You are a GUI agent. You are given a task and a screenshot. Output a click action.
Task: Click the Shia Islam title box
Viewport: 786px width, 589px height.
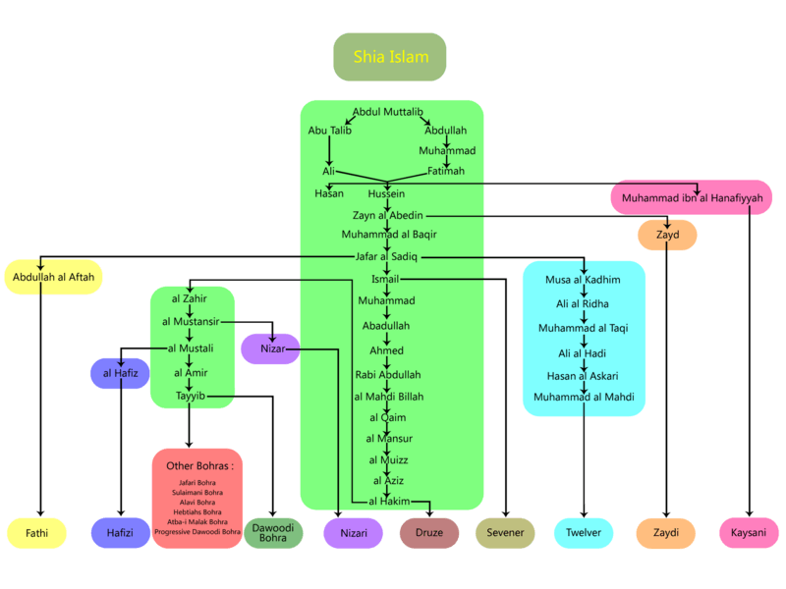coord(390,57)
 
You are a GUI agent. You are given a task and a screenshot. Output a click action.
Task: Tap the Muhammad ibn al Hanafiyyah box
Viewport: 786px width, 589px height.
coord(692,197)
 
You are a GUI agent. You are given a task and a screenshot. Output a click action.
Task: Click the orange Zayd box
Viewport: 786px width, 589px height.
coord(667,236)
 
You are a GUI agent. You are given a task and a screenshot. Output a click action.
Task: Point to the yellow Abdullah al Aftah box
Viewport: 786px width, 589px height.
coord(54,278)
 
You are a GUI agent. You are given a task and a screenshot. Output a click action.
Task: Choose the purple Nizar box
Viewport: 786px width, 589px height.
coord(271,348)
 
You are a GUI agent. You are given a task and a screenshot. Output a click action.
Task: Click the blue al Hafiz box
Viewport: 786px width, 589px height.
coord(120,373)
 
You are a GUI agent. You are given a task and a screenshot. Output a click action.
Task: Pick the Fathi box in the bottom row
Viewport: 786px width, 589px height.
coord(36,533)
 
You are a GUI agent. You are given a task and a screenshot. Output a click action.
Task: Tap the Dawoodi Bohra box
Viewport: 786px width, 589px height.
coord(273,533)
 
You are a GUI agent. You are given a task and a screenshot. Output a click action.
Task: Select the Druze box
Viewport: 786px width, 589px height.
coord(429,533)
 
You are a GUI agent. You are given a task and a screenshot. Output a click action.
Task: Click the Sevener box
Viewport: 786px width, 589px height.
coord(505,533)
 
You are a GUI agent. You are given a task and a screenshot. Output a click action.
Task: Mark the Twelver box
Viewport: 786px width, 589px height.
coord(584,533)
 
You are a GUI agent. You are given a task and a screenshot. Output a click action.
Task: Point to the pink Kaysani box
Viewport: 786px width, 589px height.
coord(749,533)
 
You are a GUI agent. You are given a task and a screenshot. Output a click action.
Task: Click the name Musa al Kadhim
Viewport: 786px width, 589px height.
coord(583,280)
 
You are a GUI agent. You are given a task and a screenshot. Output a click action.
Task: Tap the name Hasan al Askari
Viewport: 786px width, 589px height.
coord(583,376)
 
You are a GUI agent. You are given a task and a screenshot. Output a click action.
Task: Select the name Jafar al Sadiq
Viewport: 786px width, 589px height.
coord(386,256)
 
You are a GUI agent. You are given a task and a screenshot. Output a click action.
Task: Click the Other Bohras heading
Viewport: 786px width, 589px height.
coord(196,465)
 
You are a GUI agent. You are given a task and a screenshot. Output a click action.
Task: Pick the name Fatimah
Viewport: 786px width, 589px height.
coord(445,171)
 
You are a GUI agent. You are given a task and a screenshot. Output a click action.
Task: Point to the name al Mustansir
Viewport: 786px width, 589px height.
coord(192,321)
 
